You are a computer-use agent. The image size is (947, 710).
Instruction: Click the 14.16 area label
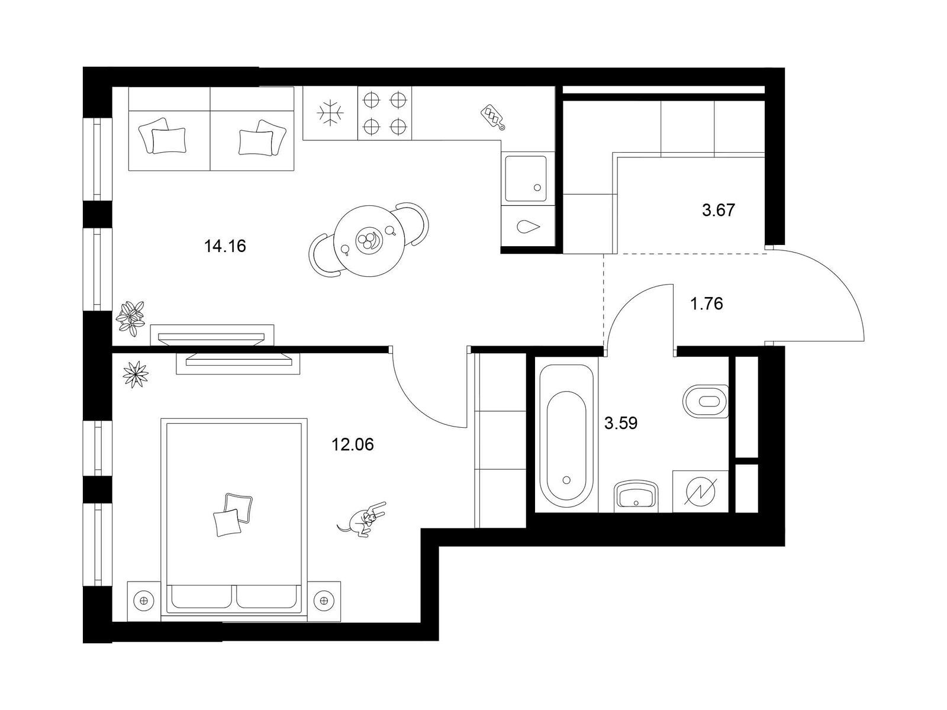click(225, 246)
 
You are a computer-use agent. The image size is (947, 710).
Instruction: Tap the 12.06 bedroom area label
click(353, 444)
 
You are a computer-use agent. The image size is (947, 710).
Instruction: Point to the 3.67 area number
click(718, 211)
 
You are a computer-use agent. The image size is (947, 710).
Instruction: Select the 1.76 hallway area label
click(707, 304)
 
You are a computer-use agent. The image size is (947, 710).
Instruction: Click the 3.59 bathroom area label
click(621, 423)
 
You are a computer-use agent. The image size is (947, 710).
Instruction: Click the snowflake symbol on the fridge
click(330, 114)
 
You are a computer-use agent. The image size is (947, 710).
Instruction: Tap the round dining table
click(369, 241)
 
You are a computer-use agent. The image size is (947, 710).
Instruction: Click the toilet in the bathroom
click(706, 401)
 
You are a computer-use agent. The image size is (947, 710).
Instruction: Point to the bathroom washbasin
click(636, 496)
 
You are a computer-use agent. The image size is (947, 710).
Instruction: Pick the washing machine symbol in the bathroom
click(700, 492)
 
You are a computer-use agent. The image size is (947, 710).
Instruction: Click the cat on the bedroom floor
click(362, 520)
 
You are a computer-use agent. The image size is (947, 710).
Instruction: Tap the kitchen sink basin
click(526, 179)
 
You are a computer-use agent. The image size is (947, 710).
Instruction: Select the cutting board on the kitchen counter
click(492, 117)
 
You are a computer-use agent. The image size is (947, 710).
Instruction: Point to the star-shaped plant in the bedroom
click(136, 374)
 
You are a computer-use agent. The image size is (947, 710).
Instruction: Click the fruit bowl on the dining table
click(368, 240)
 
